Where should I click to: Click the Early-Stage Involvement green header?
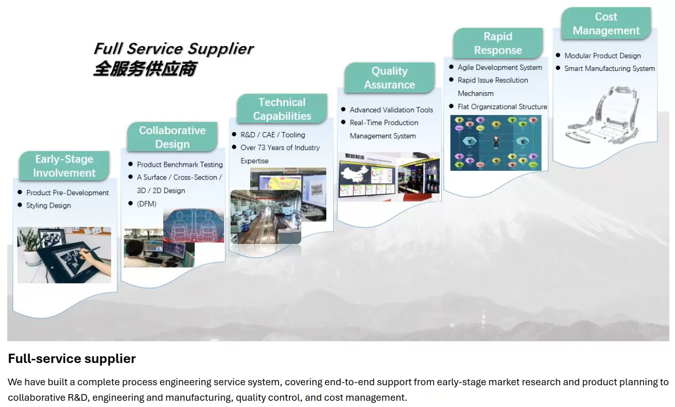(64, 166)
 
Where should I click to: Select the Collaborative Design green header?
(172, 137)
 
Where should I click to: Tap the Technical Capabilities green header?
(282, 109)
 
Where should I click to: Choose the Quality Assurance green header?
(389, 78)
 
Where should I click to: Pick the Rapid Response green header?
(498, 43)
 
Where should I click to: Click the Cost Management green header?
(606, 24)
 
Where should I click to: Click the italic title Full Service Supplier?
(173, 49)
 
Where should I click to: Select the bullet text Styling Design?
(49, 206)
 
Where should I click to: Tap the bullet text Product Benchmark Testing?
(179, 165)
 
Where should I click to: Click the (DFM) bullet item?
(147, 203)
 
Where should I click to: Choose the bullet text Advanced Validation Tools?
(391, 110)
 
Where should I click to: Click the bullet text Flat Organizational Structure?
(502, 107)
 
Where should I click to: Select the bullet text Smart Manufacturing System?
(609, 68)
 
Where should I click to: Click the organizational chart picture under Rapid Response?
(496, 142)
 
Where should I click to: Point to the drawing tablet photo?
(64, 255)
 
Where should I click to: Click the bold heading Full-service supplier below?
(72, 358)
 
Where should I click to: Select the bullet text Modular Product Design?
(602, 56)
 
